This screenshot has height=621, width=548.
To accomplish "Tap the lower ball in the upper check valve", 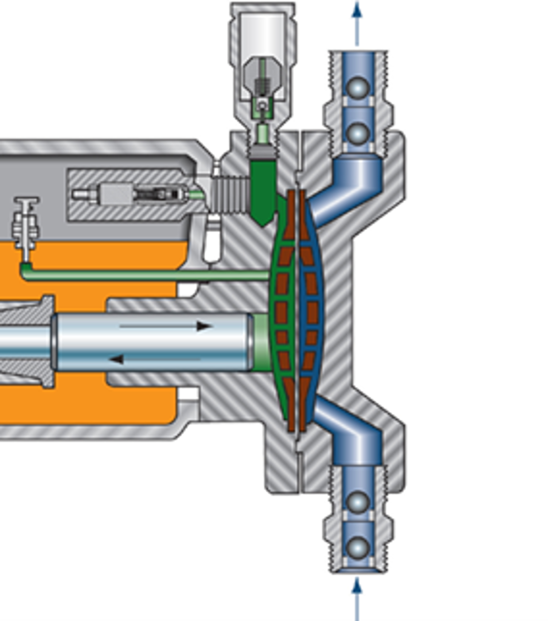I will point(358,133).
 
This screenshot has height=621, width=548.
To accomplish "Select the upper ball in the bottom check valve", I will point(358,502).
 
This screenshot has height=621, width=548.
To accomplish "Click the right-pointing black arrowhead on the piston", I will point(203,326).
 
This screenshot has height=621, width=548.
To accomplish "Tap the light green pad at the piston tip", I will point(261,342).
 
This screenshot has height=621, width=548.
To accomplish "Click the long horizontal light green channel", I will point(146,275).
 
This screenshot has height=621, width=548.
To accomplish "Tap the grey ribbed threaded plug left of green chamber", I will point(231,194).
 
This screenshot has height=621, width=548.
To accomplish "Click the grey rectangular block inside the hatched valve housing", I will point(116,194).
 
